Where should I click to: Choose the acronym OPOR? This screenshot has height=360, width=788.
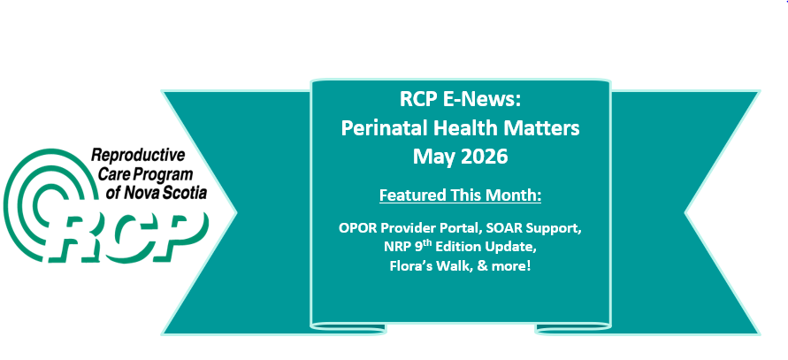357,228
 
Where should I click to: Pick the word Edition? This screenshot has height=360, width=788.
455,248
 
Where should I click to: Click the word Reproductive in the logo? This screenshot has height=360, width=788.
138,157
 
